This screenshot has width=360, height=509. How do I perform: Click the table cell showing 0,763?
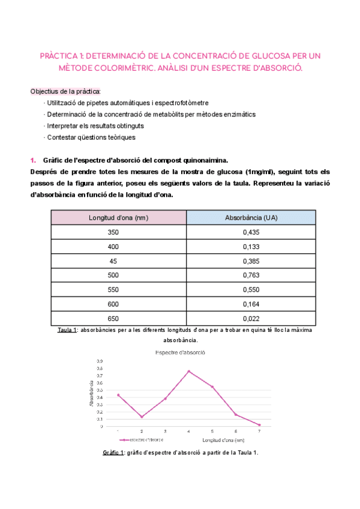(x=251, y=275)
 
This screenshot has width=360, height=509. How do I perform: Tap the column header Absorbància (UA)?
(x=251, y=217)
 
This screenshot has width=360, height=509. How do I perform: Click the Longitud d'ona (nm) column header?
(x=119, y=217)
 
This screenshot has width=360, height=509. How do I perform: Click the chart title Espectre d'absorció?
(x=180, y=352)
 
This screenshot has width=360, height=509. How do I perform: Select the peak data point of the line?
(x=189, y=372)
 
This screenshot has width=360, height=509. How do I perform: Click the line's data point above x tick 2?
(x=142, y=417)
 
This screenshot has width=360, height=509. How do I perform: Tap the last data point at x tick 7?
(x=259, y=425)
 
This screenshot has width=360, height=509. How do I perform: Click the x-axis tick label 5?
(x=212, y=432)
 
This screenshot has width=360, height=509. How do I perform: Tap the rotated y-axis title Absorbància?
(x=91, y=394)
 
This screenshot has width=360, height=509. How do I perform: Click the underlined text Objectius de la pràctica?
(x=66, y=91)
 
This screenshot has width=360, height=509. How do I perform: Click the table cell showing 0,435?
(x=251, y=232)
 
